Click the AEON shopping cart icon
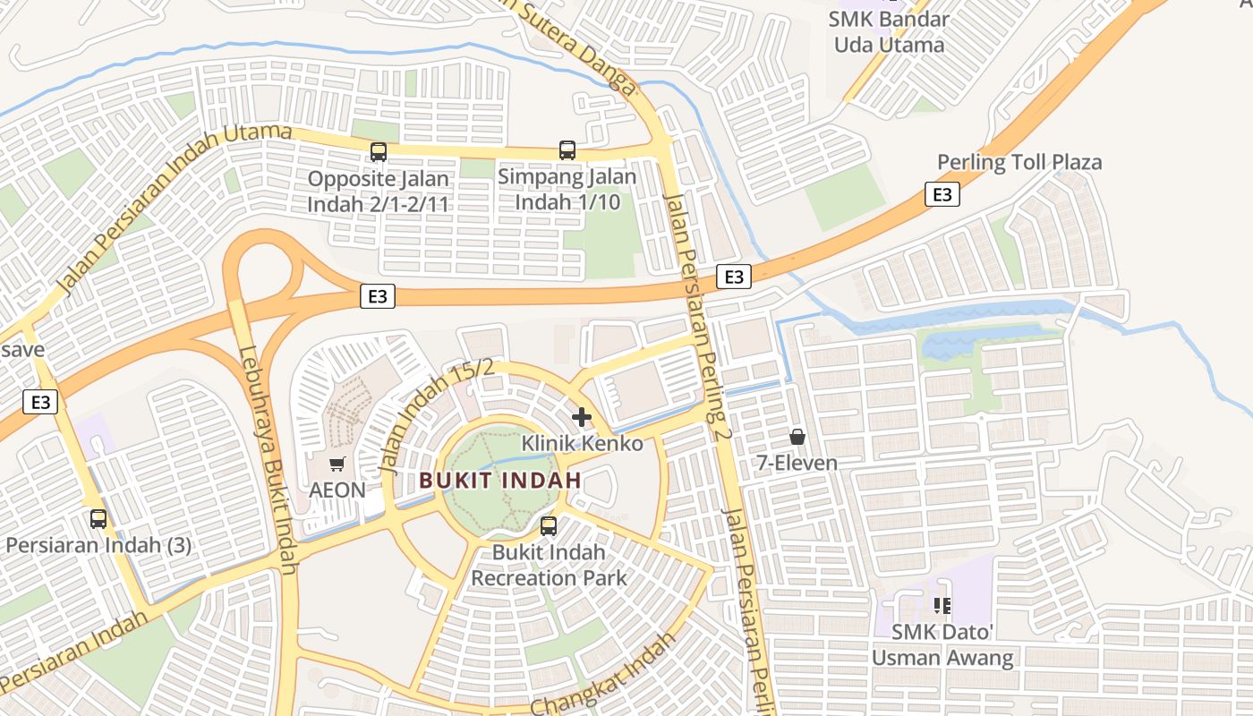point(337,464)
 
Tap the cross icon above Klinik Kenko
point(582,416)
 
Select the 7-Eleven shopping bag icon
point(797,437)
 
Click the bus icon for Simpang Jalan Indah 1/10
point(567,149)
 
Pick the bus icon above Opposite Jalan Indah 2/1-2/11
point(378,152)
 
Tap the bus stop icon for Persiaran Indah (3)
point(98,518)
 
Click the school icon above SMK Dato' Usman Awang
point(942,606)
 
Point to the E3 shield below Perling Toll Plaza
point(942,194)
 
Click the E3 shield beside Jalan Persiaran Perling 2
point(733,277)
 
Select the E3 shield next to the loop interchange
point(378,296)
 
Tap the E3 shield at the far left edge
point(41,402)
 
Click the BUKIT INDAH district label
point(500,480)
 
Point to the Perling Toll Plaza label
point(1019,162)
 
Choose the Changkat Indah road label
point(601,673)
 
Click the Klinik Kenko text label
point(582,443)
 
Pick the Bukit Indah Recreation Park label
point(549,565)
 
